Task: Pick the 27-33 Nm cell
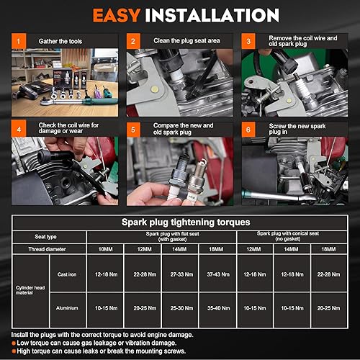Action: (184, 274)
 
